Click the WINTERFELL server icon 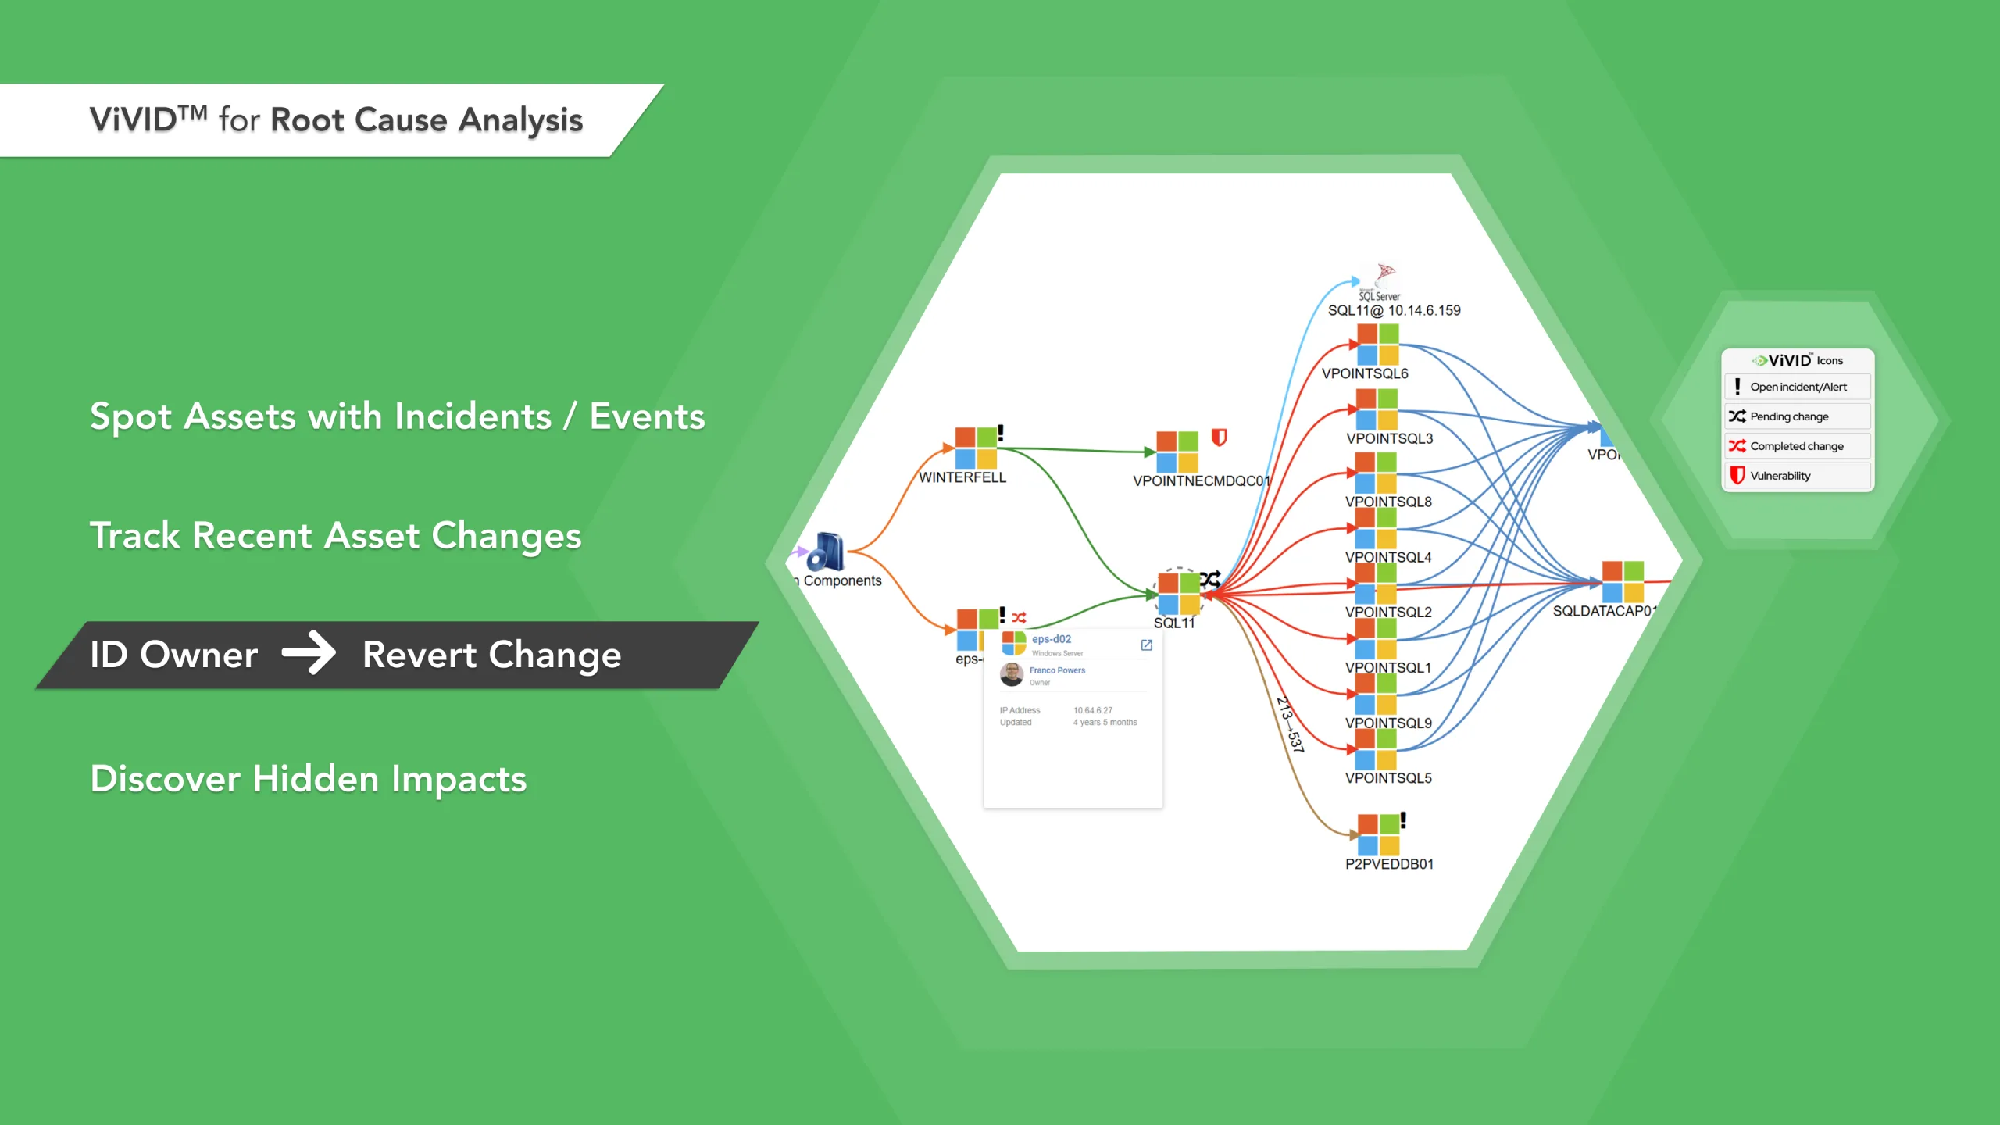coord(976,448)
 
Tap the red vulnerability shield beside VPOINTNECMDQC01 coord(1219,437)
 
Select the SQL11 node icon coord(1179,593)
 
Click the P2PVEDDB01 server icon coord(1378,834)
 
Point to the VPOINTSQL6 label coord(1365,373)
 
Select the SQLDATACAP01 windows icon coord(1623,582)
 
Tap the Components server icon coord(826,552)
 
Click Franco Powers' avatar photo coord(1012,674)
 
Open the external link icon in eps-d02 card coord(1146,645)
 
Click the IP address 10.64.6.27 coord(1092,710)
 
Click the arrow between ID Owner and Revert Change coord(309,653)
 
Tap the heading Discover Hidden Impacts coord(309,779)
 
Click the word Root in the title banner coord(307,120)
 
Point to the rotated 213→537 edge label coord(1290,724)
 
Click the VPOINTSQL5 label coord(1388,778)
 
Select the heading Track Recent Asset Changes coord(336,536)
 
